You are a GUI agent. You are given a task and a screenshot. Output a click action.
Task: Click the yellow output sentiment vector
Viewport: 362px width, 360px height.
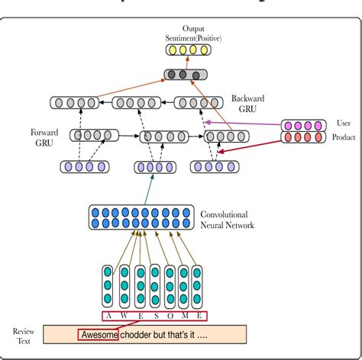(189, 50)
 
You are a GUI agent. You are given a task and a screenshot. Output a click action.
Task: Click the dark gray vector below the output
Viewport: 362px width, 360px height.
(185, 75)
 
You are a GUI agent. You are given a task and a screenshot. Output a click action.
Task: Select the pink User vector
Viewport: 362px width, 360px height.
(303, 124)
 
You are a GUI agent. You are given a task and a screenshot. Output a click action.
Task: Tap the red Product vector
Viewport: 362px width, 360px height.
(303, 137)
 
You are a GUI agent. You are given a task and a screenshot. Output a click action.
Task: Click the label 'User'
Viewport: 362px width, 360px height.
(344, 122)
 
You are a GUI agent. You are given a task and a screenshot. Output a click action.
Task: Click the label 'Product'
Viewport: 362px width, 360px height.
(343, 138)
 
